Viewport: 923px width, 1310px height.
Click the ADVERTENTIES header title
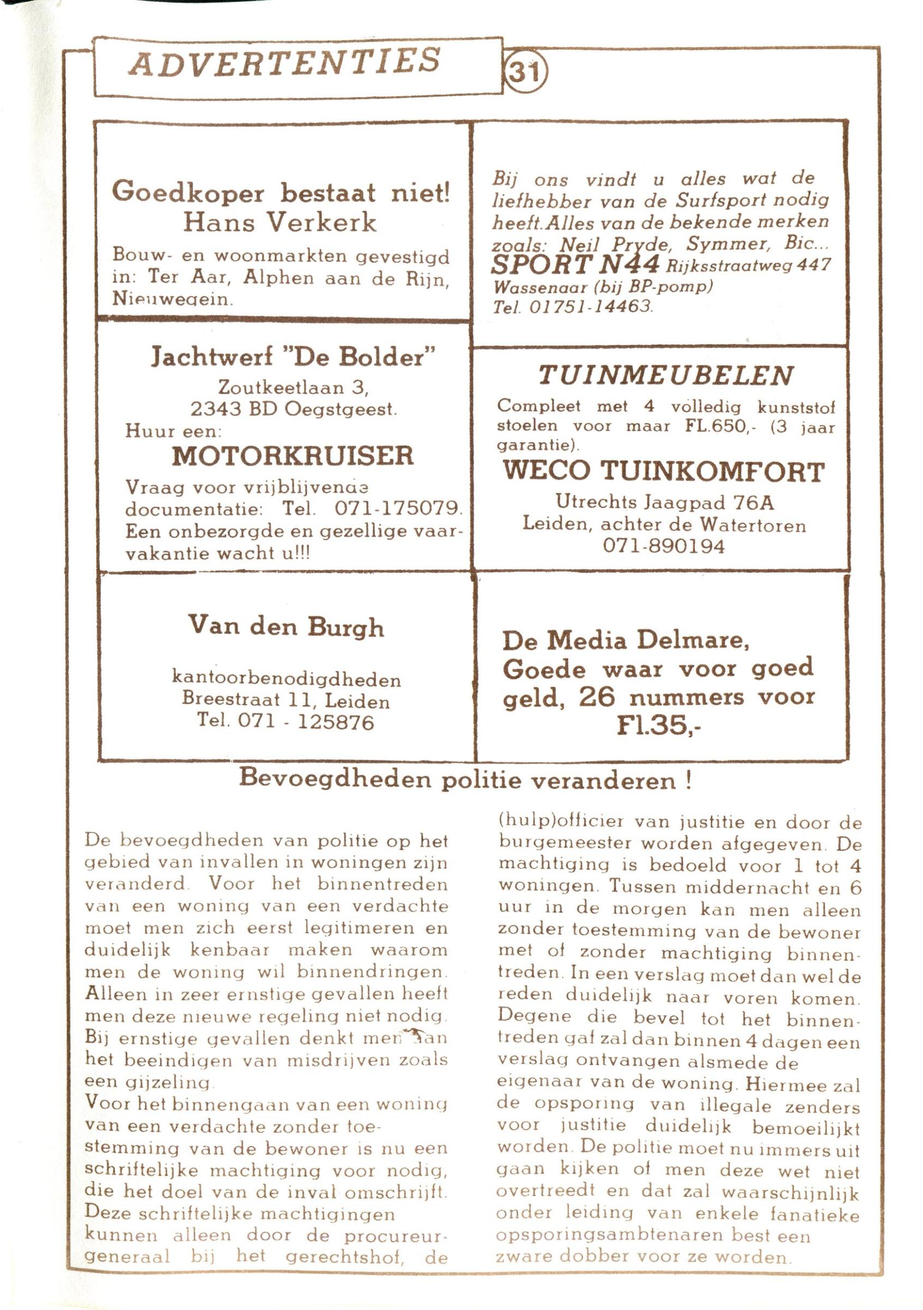pos(284,62)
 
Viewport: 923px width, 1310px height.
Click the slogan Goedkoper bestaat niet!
pos(281,192)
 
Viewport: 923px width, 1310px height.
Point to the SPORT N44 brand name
pos(576,264)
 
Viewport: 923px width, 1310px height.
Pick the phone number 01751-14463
pos(591,307)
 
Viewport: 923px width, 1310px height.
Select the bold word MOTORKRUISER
pos(292,456)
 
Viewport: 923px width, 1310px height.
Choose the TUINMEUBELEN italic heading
pos(666,375)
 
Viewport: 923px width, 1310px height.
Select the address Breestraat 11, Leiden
pos(286,700)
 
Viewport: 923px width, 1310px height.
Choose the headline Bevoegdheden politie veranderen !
pos(465,779)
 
